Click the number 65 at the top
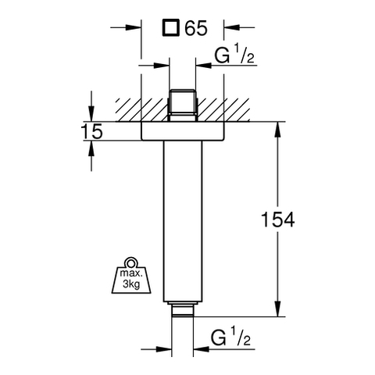(x=196, y=28)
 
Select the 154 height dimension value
(x=277, y=220)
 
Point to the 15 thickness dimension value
(x=92, y=131)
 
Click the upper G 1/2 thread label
(x=234, y=54)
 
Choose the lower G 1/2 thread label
(x=230, y=337)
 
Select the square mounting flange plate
(x=182, y=131)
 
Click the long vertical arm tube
(x=183, y=221)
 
